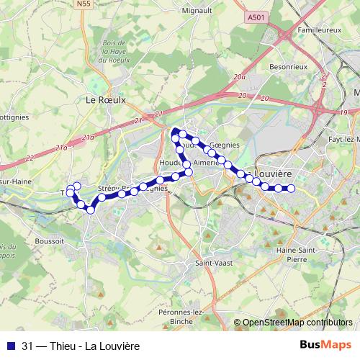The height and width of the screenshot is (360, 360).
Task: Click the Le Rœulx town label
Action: (101, 100)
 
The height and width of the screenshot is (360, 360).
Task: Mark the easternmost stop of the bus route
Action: (292, 189)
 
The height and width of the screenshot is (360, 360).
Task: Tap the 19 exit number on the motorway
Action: (344, 113)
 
